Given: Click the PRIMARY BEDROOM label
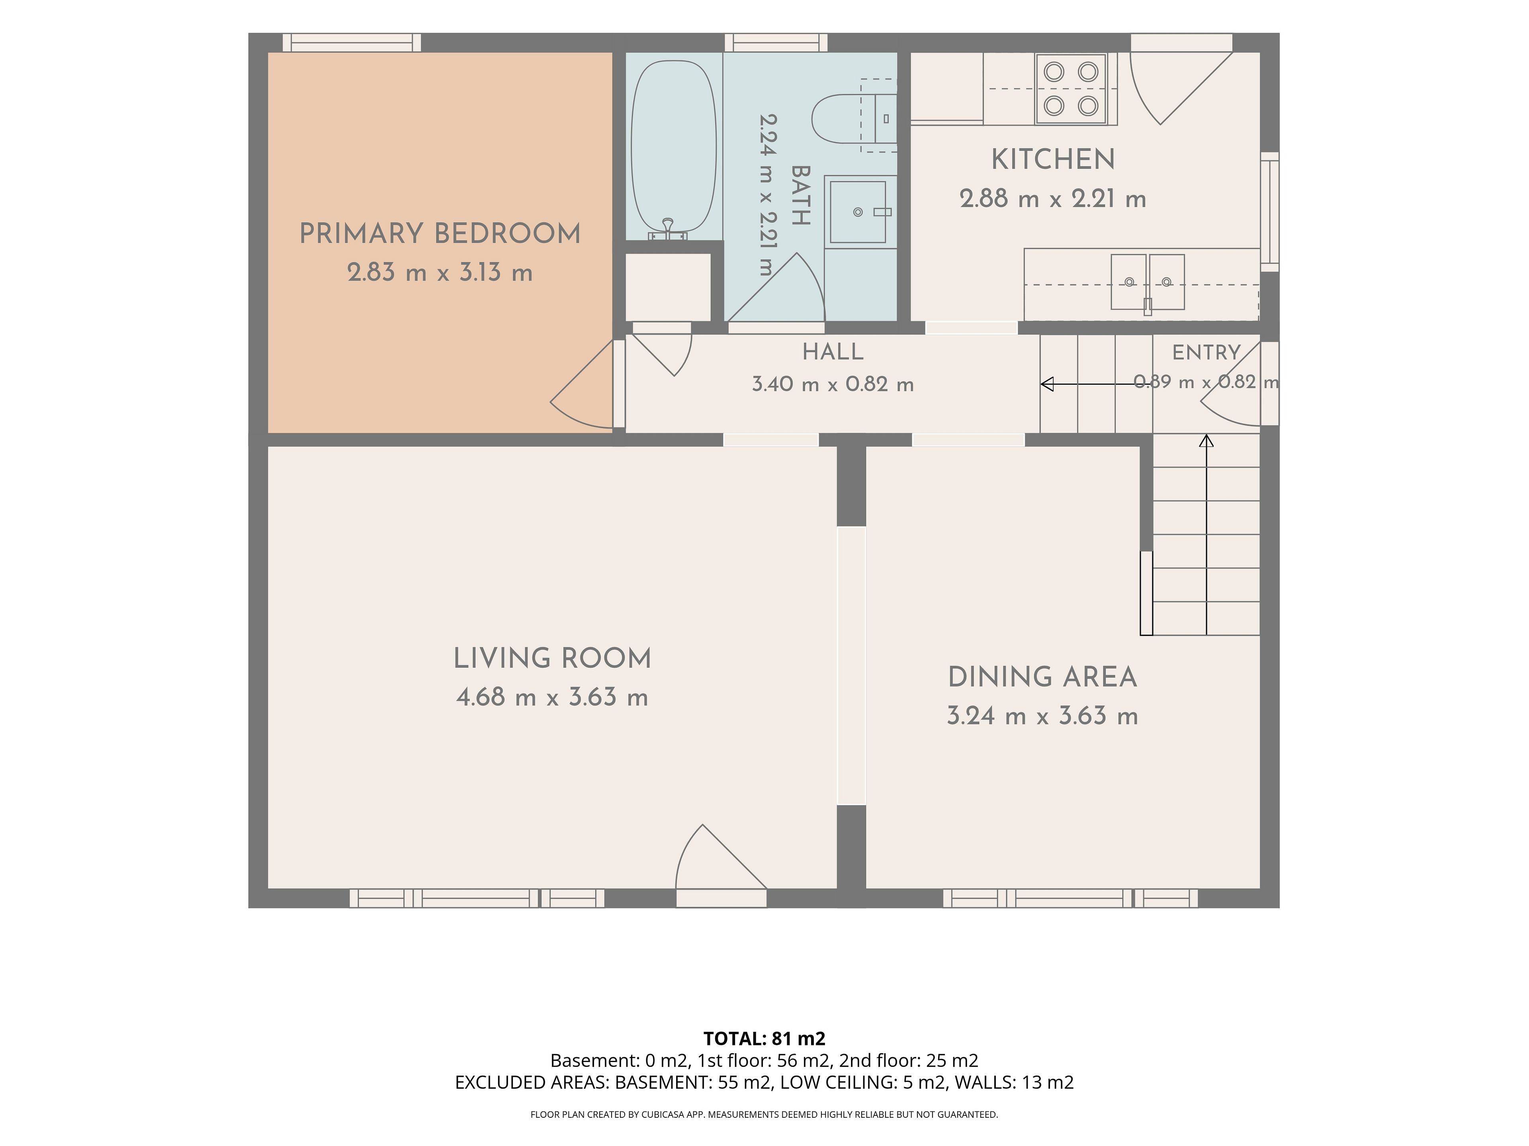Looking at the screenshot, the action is (440, 234).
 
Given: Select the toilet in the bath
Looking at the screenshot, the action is (854, 119).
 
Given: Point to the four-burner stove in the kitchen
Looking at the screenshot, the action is (1071, 89).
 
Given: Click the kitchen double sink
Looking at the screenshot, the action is (1148, 282).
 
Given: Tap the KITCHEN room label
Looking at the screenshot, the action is (1053, 160).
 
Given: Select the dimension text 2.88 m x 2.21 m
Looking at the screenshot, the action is (1053, 199).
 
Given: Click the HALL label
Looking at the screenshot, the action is (833, 352).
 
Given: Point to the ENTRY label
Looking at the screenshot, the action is (1206, 352).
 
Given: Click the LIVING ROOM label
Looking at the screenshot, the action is (552, 658).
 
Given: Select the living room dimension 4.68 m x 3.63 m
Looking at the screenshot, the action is (552, 697).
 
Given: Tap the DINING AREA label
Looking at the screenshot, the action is (1042, 677).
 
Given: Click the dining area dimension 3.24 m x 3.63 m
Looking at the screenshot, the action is (1042, 715).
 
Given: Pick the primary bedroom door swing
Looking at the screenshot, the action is (581, 384).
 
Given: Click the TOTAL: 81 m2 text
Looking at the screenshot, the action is (764, 1038).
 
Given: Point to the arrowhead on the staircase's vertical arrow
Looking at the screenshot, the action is (1206, 440).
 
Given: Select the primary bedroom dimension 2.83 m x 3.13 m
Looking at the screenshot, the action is (440, 272).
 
